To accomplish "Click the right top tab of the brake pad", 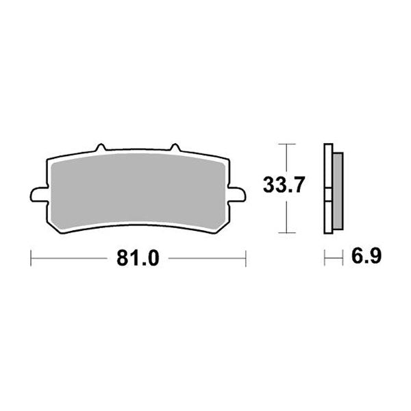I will pyautogui.click(x=174, y=148).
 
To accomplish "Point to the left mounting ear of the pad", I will pyautogui.click(x=38, y=195).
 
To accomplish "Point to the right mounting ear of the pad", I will pyautogui.click(x=237, y=195).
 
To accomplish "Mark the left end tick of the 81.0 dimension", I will pyautogui.click(x=32, y=259).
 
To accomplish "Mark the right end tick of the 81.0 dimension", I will pyautogui.click(x=245, y=259).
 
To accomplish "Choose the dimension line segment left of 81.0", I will pyautogui.click(x=68, y=259).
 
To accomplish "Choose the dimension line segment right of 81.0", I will pyautogui.click(x=206, y=259).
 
